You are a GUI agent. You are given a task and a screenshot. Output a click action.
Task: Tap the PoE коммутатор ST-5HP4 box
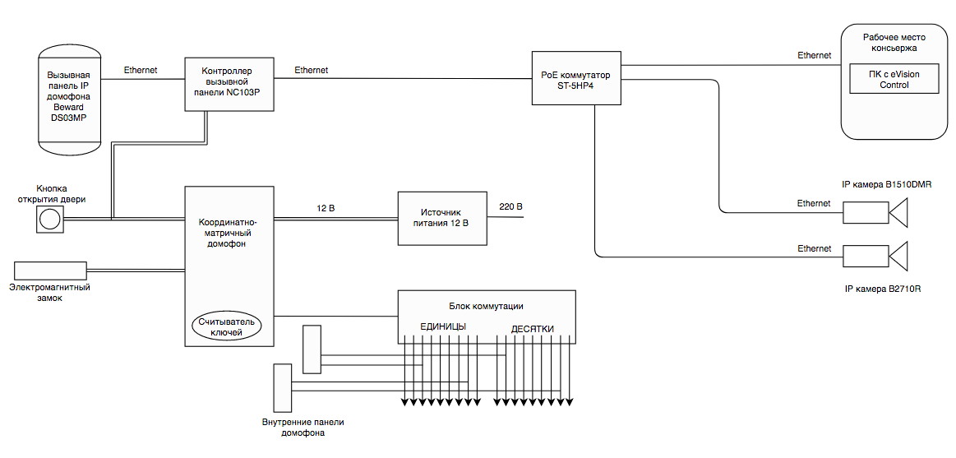pos(575,77)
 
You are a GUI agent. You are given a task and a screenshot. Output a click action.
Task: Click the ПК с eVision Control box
pos(894,80)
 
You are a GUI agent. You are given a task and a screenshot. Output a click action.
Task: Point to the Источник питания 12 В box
pos(442,218)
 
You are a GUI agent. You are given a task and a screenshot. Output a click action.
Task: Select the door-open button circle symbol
pos(50,219)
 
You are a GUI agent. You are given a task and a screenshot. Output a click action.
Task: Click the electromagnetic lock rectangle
pos(50,269)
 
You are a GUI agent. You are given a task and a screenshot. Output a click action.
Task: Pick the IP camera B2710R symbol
pos(875,256)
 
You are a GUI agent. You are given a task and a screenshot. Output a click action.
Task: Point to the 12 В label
pos(326,208)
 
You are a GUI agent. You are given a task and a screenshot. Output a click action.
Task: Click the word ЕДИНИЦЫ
pos(443,327)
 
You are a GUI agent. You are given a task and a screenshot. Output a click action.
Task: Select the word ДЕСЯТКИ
pos(532,329)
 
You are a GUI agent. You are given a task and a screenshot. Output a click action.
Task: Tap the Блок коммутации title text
pos(487,306)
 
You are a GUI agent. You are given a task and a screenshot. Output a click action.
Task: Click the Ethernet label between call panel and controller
pos(141,71)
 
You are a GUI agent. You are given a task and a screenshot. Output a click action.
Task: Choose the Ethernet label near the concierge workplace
pos(814,55)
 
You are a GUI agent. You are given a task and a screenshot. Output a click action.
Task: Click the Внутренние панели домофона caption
pos(303,428)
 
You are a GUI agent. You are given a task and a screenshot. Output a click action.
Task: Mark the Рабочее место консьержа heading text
pos(895,43)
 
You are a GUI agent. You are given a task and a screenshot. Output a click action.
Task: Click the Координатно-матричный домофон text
pos(229,233)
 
